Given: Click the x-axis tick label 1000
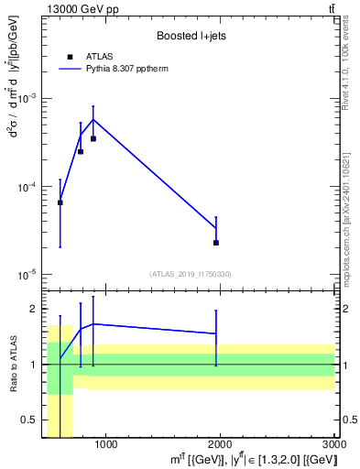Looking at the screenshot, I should tap(105, 445).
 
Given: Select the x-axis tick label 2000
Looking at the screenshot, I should tap(220, 445).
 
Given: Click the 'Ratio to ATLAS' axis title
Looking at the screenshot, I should tap(12, 365).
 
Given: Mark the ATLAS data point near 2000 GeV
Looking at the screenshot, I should tap(216, 243).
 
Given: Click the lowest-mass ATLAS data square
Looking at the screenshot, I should tap(60, 202).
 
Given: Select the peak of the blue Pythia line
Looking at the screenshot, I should tap(93, 119).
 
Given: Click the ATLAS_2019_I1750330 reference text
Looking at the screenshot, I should tap(190, 274).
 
